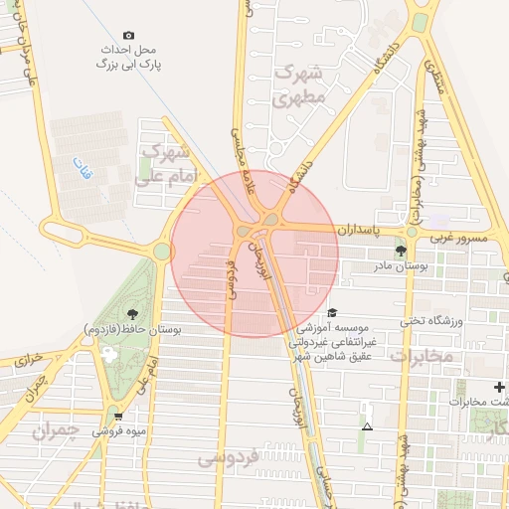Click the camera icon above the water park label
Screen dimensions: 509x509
[129, 35]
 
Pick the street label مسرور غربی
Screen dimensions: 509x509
[457, 239]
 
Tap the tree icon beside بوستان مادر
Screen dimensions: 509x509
[401, 252]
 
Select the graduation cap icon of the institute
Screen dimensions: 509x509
[331, 312]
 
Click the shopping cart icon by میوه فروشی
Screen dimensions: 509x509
[118, 417]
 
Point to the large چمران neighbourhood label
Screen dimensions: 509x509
[55, 431]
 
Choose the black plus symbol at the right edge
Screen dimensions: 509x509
[499, 386]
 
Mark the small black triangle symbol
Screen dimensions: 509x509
[368, 426]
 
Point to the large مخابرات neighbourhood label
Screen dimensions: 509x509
[424, 355]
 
